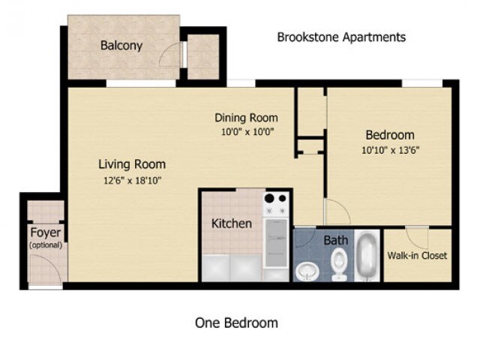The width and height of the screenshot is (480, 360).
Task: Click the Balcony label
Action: tap(121, 46)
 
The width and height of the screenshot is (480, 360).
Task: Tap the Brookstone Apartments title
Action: tap(341, 37)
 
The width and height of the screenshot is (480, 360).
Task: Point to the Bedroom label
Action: tap(389, 135)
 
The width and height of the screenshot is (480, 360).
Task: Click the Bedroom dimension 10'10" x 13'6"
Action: tap(389, 149)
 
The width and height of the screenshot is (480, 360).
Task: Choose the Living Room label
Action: tap(132, 164)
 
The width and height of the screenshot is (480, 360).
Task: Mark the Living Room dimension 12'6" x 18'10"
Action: tap(132, 179)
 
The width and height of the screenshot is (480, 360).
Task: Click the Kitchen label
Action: tap(232, 223)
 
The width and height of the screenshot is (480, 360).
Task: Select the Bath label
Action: tap(336, 241)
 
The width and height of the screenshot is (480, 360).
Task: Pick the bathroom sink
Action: tap(307, 268)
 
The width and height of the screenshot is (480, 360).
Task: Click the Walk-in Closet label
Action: tap(417, 256)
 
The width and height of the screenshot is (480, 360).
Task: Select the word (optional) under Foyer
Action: tap(46, 245)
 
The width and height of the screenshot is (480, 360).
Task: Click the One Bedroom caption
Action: tap(236, 323)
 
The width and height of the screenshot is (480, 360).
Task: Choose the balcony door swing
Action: tap(173, 56)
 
